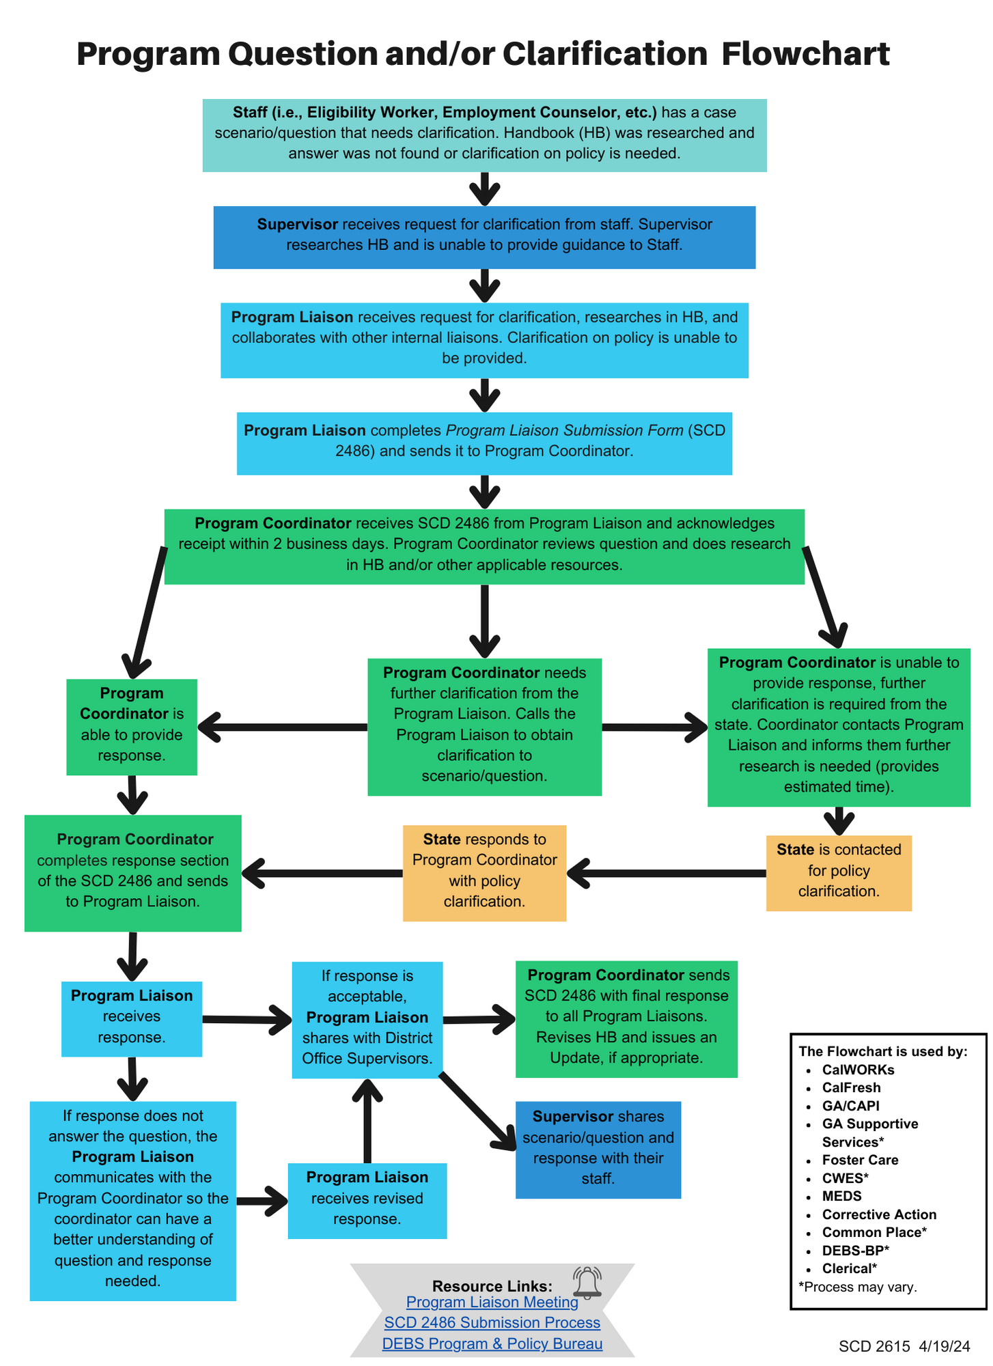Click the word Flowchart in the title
coord(805,54)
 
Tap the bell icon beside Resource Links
coord(587,1283)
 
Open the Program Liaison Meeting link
coord(492,1302)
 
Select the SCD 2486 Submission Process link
coord(492,1323)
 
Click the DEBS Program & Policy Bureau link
coord(492,1344)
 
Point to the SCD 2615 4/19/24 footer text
coord(904,1346)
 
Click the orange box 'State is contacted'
coord(839,870)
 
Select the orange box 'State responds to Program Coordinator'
coord(484,870)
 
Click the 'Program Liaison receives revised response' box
coord(367,1199)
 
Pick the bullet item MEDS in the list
coord(841,1196)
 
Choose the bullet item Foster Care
coord(860,1160)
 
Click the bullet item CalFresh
coord(851,1087)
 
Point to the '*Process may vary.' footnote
coord(857,1287)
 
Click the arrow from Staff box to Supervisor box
coord(484,189)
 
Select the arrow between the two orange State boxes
coord(666,873)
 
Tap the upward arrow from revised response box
coord(367,1120)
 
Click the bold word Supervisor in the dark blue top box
coord(297,224)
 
